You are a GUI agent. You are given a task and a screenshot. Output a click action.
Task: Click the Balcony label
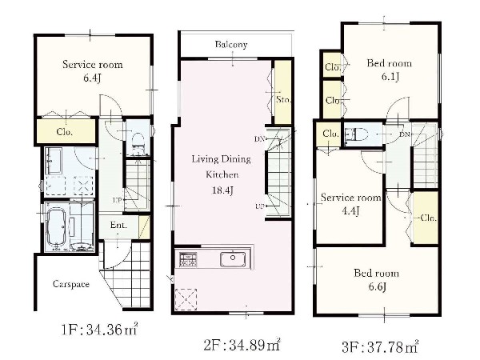231,45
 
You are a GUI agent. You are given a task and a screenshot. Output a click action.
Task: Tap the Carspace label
71,284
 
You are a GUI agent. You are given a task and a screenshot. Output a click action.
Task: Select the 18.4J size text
222,190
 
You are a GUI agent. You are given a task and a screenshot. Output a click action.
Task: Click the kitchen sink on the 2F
233,259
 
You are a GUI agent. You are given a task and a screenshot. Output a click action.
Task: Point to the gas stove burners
188,259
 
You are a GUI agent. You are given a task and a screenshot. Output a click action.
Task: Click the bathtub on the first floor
56,226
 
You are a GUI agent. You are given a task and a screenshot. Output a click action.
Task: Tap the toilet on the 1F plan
138,142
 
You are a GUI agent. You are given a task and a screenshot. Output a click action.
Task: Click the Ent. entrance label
118,225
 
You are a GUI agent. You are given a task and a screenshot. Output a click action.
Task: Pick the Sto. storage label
283,99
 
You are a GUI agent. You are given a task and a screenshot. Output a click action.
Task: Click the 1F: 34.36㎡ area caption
99,330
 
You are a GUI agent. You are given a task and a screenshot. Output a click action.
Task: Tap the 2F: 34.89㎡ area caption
242,345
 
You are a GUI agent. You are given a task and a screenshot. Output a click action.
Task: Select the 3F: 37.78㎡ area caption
380,347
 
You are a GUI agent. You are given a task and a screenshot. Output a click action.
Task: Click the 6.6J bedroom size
377,287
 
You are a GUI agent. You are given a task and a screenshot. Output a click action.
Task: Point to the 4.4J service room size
350,211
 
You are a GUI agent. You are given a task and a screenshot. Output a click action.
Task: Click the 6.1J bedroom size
390,77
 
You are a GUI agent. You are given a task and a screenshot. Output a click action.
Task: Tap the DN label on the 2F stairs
259,139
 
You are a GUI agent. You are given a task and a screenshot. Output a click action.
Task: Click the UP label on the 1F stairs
118,200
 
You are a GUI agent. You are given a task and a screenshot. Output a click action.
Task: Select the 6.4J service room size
93,78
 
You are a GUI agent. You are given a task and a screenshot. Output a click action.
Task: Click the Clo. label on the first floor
65,132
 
